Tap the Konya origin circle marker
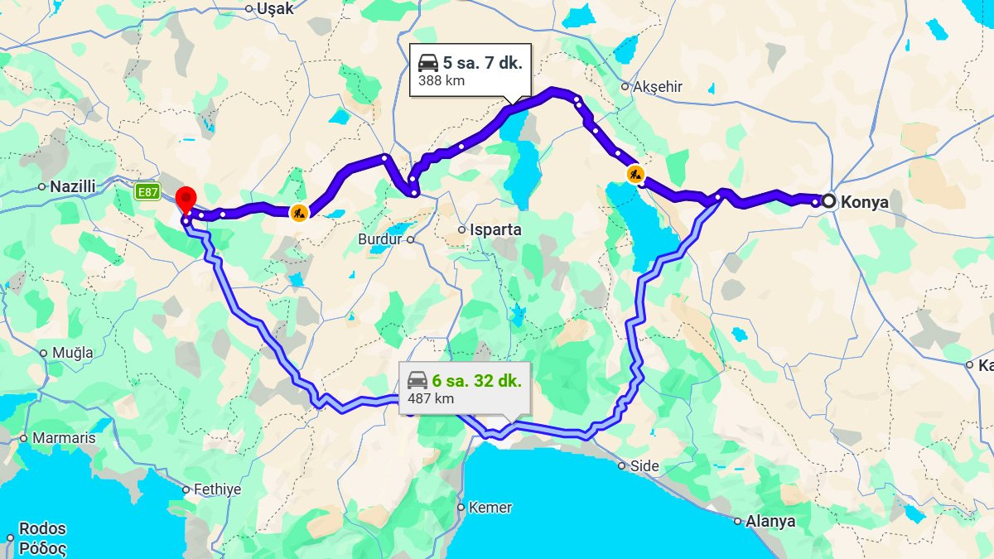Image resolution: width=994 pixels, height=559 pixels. [x=828, y=201]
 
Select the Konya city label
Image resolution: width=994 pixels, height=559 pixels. [x=864, y=202]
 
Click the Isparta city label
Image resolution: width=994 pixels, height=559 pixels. [x=495, y=229]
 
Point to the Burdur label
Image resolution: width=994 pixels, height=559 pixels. [x=379, y=239]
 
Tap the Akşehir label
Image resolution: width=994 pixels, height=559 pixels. [x=657, y=86]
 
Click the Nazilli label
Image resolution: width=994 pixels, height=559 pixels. [x=73, y=186]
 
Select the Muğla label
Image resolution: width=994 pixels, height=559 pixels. [x=73, y=353]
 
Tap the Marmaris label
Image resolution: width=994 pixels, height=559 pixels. [x=64, y=438]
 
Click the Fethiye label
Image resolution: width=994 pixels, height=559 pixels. [x=217, y=489]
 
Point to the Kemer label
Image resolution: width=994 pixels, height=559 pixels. [x=490, y=508]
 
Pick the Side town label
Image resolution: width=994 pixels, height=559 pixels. [x=644, y=466]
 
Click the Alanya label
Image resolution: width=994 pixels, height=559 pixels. [x=770, y=522]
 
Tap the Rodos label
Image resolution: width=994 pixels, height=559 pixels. [x=42, y=528]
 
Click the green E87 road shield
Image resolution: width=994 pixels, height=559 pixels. [x=147, y=192]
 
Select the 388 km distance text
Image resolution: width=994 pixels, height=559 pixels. [x=442, y=80]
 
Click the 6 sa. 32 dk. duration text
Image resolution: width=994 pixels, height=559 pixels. [x=476, y=381]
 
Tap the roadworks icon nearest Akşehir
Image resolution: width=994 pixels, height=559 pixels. [x=635, y=174]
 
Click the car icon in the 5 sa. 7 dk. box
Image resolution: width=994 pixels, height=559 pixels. [x=427, y=63]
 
